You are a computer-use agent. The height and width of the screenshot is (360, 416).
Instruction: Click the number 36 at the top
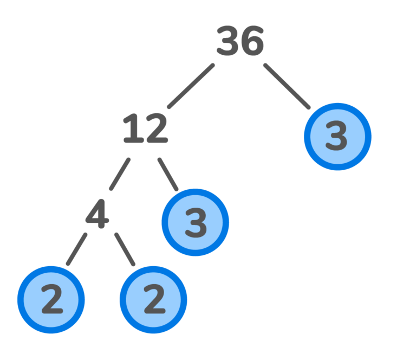point(240,42)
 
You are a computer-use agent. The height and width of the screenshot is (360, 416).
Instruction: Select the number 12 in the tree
point(145,129)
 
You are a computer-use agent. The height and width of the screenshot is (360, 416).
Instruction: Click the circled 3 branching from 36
point(337,137)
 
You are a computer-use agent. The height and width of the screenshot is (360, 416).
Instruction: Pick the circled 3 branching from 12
point(196,222)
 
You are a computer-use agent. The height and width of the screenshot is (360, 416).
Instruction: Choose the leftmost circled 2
point(51,300)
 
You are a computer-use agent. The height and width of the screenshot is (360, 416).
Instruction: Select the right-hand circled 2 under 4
point(153,300)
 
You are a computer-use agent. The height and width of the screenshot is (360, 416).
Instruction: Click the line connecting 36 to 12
point(191,86)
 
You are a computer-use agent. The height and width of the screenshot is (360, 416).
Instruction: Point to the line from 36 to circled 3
point(287,86)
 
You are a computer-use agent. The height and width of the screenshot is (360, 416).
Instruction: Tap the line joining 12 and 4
point(120,174)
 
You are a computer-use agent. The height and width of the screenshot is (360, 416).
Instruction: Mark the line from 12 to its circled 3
point(168,174)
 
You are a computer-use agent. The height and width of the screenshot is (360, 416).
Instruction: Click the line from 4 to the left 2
point(76,249)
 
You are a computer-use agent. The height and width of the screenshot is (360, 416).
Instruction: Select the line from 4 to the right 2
point(125,249)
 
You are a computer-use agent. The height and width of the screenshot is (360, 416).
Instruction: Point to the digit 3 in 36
point(227,42)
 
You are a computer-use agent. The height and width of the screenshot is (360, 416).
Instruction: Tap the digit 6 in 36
point(252,42)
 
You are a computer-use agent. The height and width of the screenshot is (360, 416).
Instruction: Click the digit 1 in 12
point(132,129)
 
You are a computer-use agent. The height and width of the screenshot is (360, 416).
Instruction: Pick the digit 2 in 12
point(155,129)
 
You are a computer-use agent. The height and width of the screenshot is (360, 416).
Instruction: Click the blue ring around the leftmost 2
point(21,300)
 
